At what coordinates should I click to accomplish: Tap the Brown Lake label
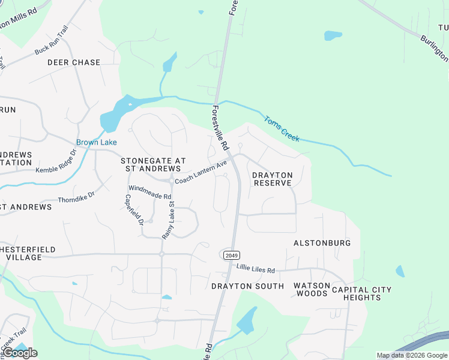[96, 142]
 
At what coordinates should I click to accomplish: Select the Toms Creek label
[282, 128]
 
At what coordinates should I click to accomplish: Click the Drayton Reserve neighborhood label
[272, 179]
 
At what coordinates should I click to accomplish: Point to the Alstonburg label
[322, 243]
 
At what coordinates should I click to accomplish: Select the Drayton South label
[247, 286]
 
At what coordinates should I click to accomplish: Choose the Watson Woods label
[312, 289]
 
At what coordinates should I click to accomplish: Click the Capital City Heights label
[361, 294]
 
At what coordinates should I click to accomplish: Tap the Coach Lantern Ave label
[200, 172]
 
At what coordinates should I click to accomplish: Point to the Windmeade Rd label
[150, 192]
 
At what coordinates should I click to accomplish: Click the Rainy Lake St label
[167, 220]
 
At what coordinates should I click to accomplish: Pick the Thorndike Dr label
[76, 197]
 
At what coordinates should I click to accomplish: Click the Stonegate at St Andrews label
[151, 164]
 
